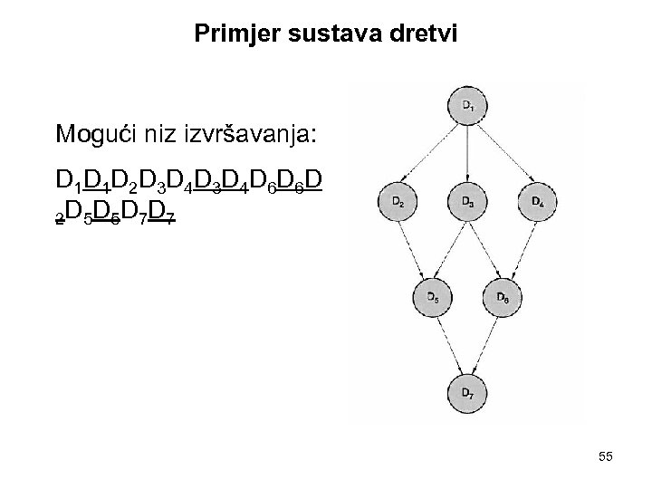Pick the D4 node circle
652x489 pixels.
coord(536,201)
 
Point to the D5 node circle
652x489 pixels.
coord(433,296)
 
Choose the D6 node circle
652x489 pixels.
coord(503,296)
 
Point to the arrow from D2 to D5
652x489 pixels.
coord(416,248)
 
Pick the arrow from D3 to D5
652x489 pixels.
coord(450,248)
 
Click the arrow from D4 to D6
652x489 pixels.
coord(520,248)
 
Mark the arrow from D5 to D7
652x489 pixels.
coord(449,343)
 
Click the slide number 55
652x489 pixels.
coord(605,457)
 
